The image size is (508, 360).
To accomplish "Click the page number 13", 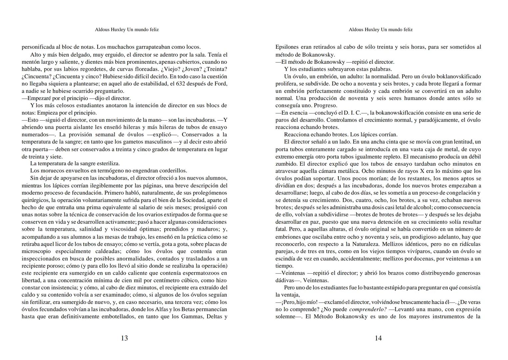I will tap(124, 338).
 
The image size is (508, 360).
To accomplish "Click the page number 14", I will tap(378, 338).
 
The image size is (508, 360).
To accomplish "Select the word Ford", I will tap(220, 84).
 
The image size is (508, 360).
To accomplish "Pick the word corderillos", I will tap(172, 171).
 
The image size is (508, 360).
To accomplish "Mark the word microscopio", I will tap(36, 251).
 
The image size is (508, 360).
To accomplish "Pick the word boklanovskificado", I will tap(458, 76).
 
